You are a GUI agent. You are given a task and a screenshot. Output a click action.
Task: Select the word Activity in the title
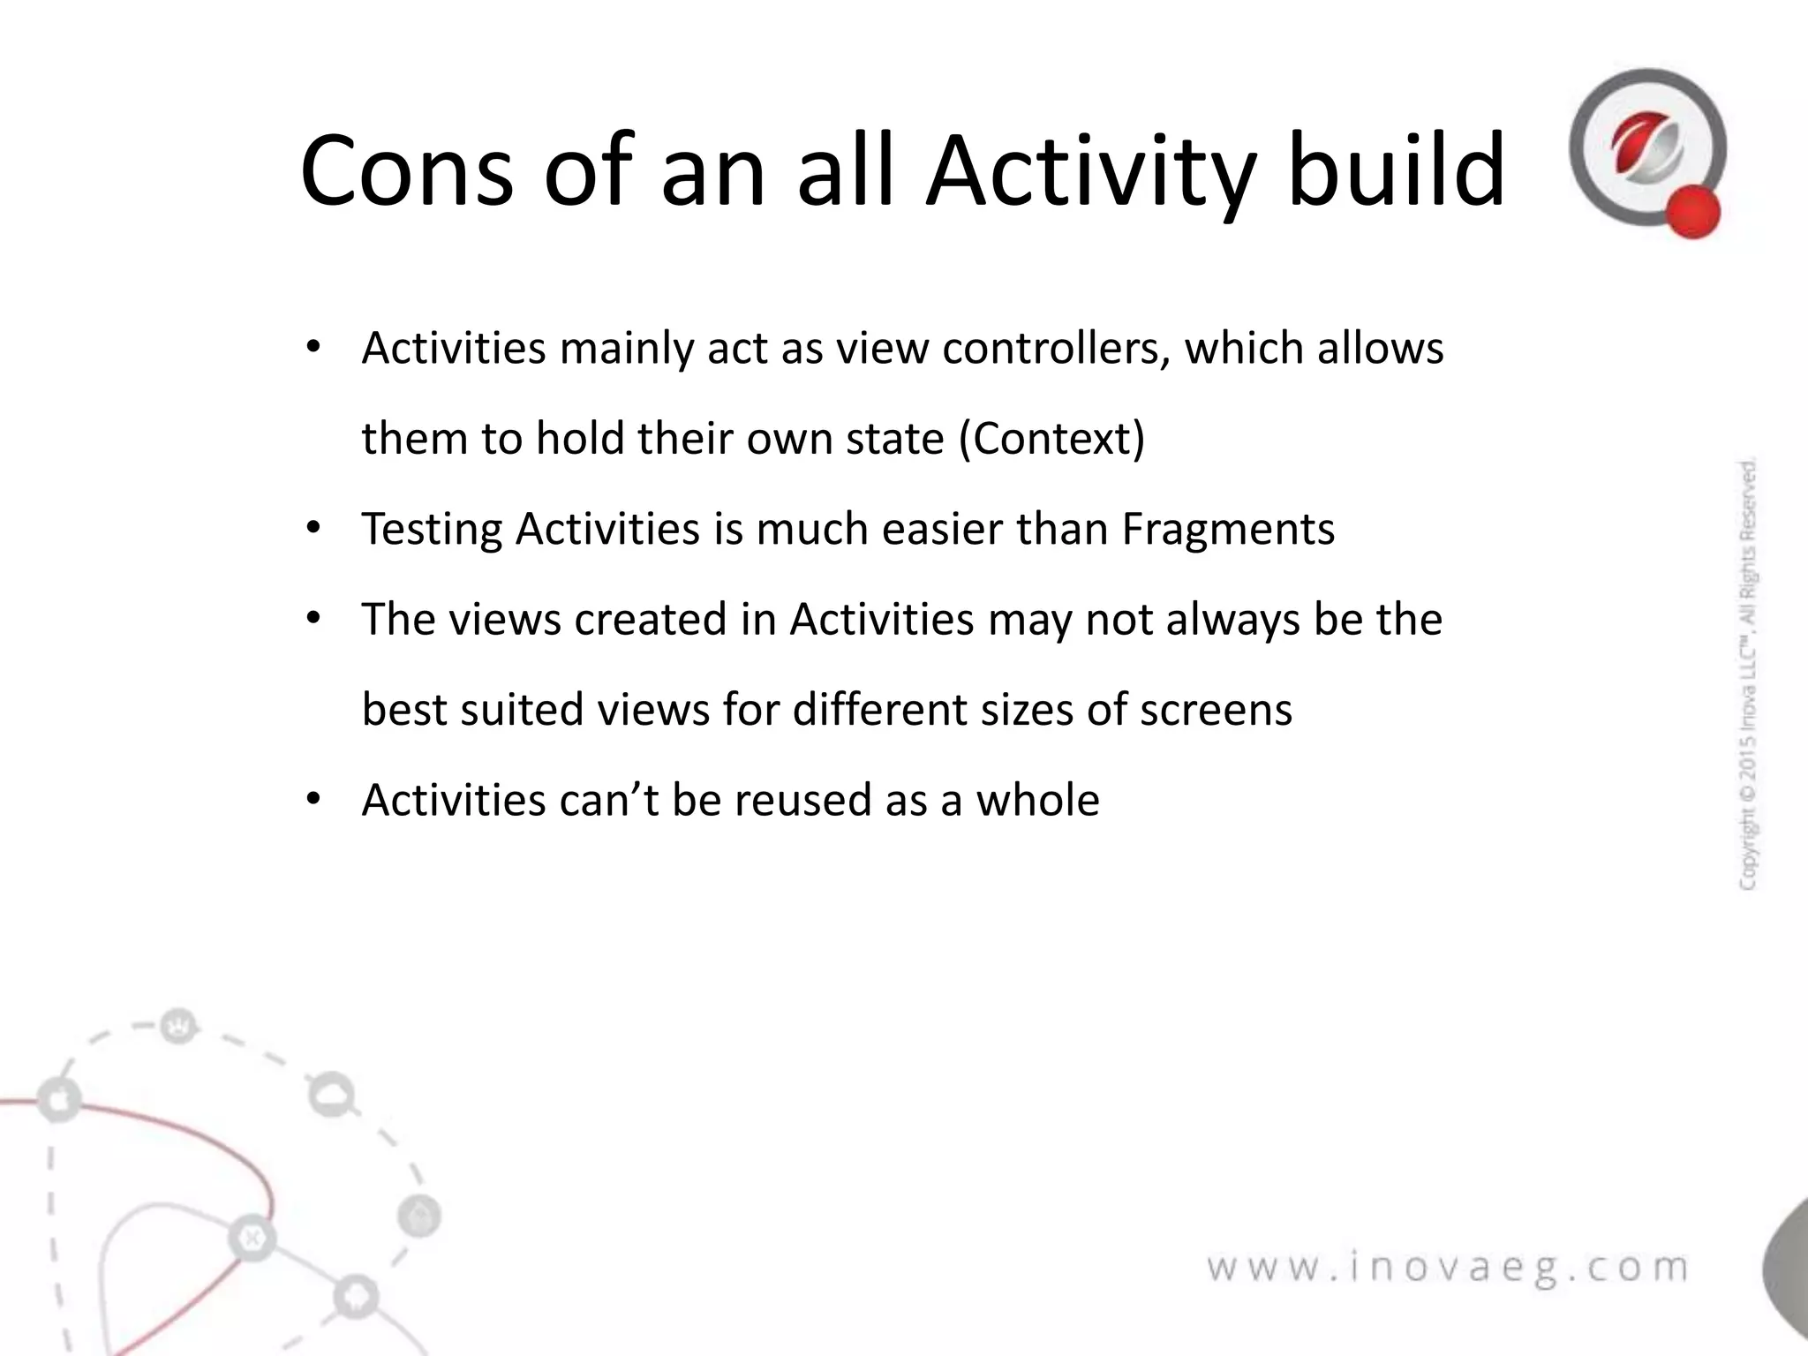pyautogui.click(x=1089, y=173)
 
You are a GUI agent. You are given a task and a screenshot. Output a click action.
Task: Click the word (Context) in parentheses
pyautogui.click(x=1051, y=439)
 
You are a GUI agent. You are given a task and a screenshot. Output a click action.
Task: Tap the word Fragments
pyautogui.click(x=1228, y=530)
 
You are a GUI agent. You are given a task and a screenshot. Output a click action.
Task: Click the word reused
pyautogui.click(x=802, y=800)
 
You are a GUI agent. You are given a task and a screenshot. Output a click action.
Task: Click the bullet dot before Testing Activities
pyautogui.click(x=313, y=530)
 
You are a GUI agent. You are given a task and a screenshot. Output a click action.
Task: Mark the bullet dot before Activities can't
pyautogui.click(x=313, y=800)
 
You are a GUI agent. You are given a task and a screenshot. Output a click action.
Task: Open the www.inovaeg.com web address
pyautogui.click(x=1448, y=1268)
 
